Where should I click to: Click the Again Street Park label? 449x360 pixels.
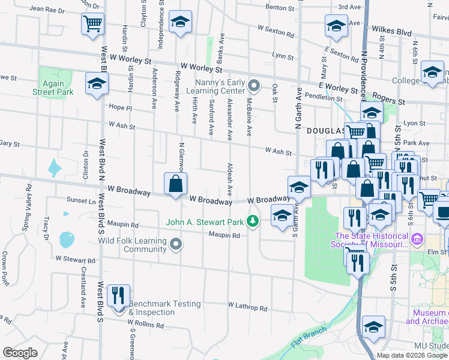tap(53, 88)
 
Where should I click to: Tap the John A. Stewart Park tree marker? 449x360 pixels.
tap(253, 222)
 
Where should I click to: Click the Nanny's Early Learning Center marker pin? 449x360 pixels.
tap(253, 86)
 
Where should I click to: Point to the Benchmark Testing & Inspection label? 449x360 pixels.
tap(164, 308)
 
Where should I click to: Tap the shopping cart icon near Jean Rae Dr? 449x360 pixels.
tap(92, 23)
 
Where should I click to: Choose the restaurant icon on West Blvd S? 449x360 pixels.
tap(117, 295)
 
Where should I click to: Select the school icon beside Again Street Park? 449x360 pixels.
tap(96, 84)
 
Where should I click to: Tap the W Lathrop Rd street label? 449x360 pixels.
tap(247, 307)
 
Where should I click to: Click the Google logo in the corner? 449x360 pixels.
tap(20, 353)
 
